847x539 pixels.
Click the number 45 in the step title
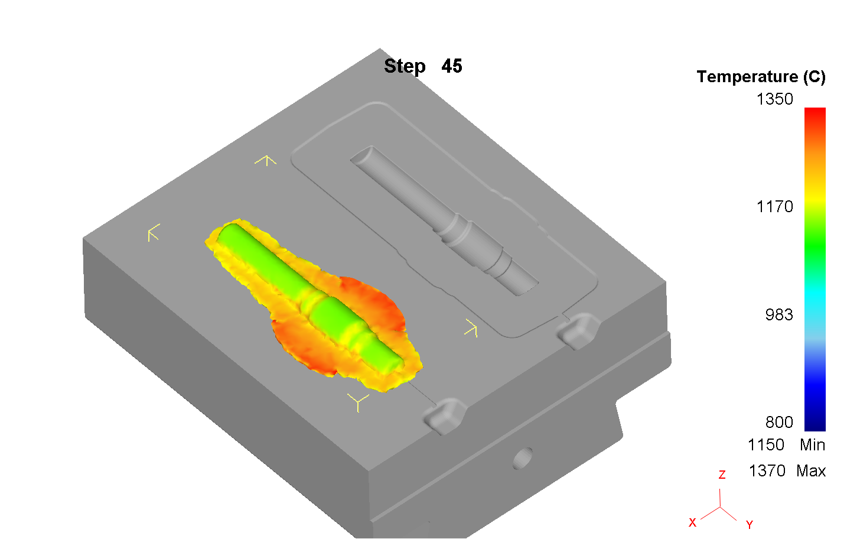451,66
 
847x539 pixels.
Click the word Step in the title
405,67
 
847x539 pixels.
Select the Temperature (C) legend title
761,77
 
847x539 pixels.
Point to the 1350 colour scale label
775,99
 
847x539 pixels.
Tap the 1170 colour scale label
775,207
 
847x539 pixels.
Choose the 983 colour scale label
779,314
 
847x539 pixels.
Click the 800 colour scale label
779,422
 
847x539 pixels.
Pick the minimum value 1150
766,445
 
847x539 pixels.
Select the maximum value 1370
767,471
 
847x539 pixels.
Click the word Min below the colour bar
813,445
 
